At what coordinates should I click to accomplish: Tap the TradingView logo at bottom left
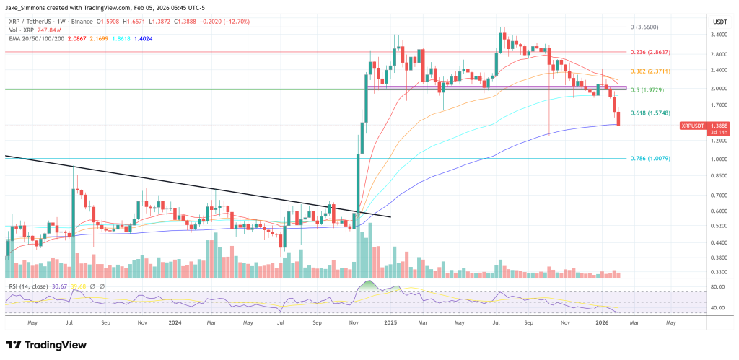pos(45,344)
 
